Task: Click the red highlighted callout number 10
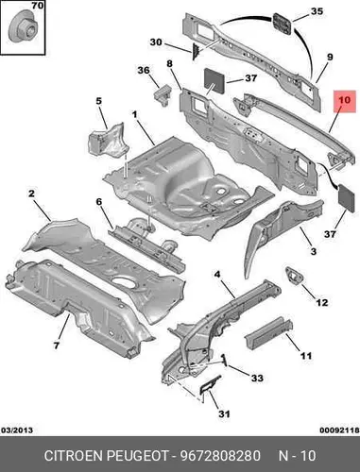coord(345,100)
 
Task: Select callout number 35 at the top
coord(317,11)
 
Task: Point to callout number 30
coord(156,42)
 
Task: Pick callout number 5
coord(99,101)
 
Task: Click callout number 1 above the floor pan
coord(135,114)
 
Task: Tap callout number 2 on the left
coord(31,194)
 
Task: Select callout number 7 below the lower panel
coord(56,346)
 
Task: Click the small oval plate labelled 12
coord(295,276)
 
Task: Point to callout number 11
coord(306,356)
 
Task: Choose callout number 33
coord(257,378)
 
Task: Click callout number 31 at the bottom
coord(224,414)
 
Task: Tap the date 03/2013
coord(17,430)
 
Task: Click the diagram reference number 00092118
coord(339,430)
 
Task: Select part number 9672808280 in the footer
coord(220,456)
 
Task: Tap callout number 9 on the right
coord(330,58)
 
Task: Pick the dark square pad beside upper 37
coord(215,80)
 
